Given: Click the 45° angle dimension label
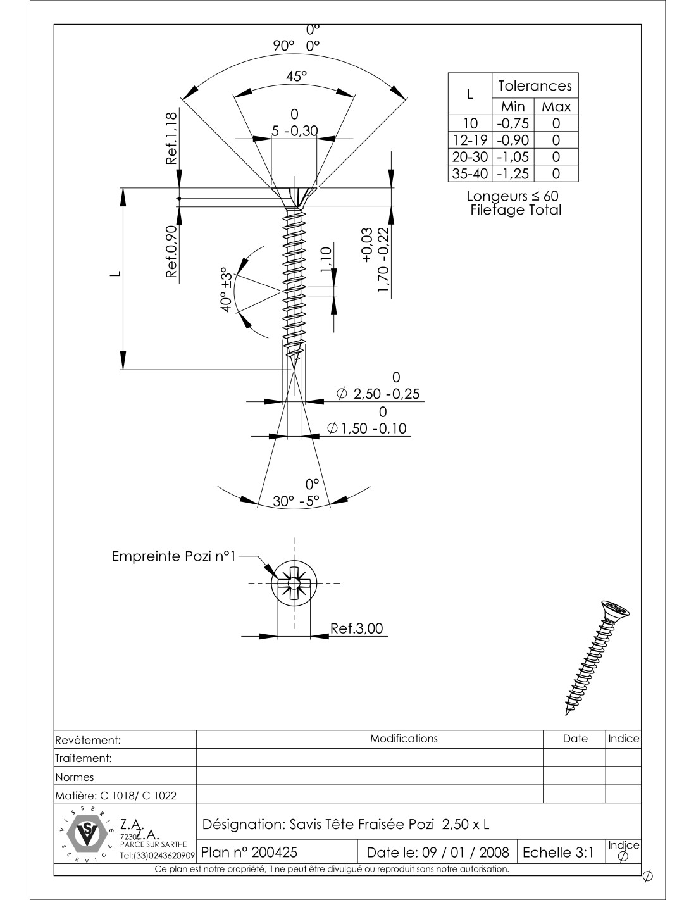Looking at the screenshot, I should tap(295, 77).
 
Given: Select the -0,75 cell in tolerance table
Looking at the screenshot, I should tap(513, 123).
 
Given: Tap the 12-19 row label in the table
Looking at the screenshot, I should tap(469, 140).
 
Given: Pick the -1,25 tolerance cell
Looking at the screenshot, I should tap(513, 173).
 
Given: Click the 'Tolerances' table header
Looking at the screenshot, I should tap(535, 85).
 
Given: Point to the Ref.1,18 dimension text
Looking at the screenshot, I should tap(171, 138).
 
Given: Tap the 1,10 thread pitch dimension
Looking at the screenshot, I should tap(326, 259).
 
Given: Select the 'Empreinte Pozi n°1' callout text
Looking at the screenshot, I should tap(173, 557).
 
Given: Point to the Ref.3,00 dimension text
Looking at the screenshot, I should tap(356, 628).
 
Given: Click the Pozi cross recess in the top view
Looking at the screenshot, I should tap(294, 583).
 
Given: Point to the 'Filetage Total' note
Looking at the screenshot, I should tap(516, 210).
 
